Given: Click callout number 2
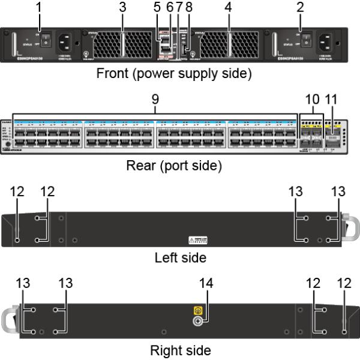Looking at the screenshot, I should (300, 8).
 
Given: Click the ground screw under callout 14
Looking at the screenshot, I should (196, 322).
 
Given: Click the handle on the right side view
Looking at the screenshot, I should (13, 320).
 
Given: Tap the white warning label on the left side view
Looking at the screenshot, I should (197, 240).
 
